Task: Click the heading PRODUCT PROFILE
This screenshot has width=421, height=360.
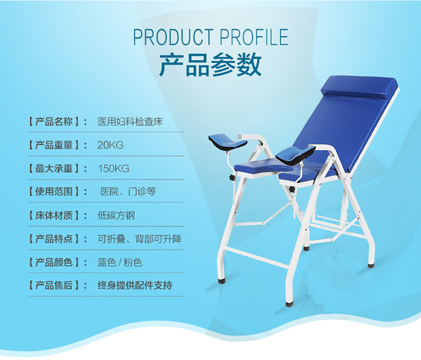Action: [x=210, y=37]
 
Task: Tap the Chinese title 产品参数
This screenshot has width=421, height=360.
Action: [x=210, y=65]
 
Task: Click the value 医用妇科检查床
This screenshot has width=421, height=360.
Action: [x=131, y=121]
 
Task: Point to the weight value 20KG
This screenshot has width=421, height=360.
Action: [x=110, y=145]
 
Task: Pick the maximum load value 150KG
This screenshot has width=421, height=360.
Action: [x=114, y=169]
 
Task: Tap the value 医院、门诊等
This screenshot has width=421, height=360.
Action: [x=128, y=191]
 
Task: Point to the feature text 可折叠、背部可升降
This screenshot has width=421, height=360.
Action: [x=140, y=239]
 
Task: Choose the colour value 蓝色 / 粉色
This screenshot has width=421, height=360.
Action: [x=120, y=262]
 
